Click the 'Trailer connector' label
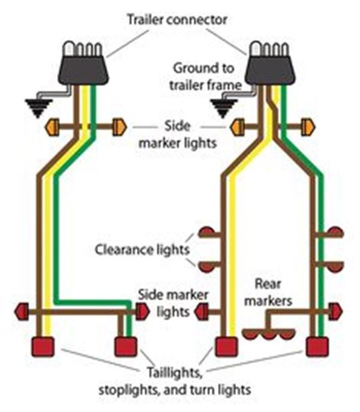click(177, 19)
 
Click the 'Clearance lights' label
click(142, 248)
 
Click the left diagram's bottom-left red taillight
click(43, 347)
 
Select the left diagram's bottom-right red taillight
click(126, 347)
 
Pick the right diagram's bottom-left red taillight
click(227, 347)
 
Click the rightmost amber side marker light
click(310, 127)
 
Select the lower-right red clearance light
click(336, 264)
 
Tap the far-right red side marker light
click(336, 311)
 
